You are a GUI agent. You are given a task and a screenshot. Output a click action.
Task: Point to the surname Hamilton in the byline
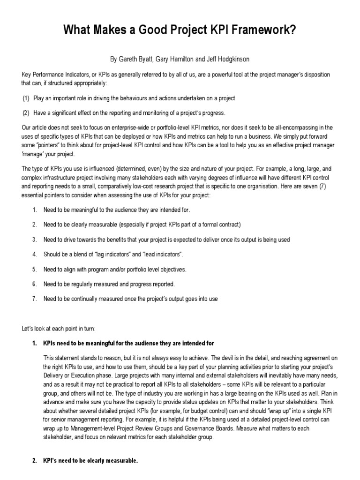178,60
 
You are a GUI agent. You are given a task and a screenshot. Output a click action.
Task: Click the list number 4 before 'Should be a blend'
34,254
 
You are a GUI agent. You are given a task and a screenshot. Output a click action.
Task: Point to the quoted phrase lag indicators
111,254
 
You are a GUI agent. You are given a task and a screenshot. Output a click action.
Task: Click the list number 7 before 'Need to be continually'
34,299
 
